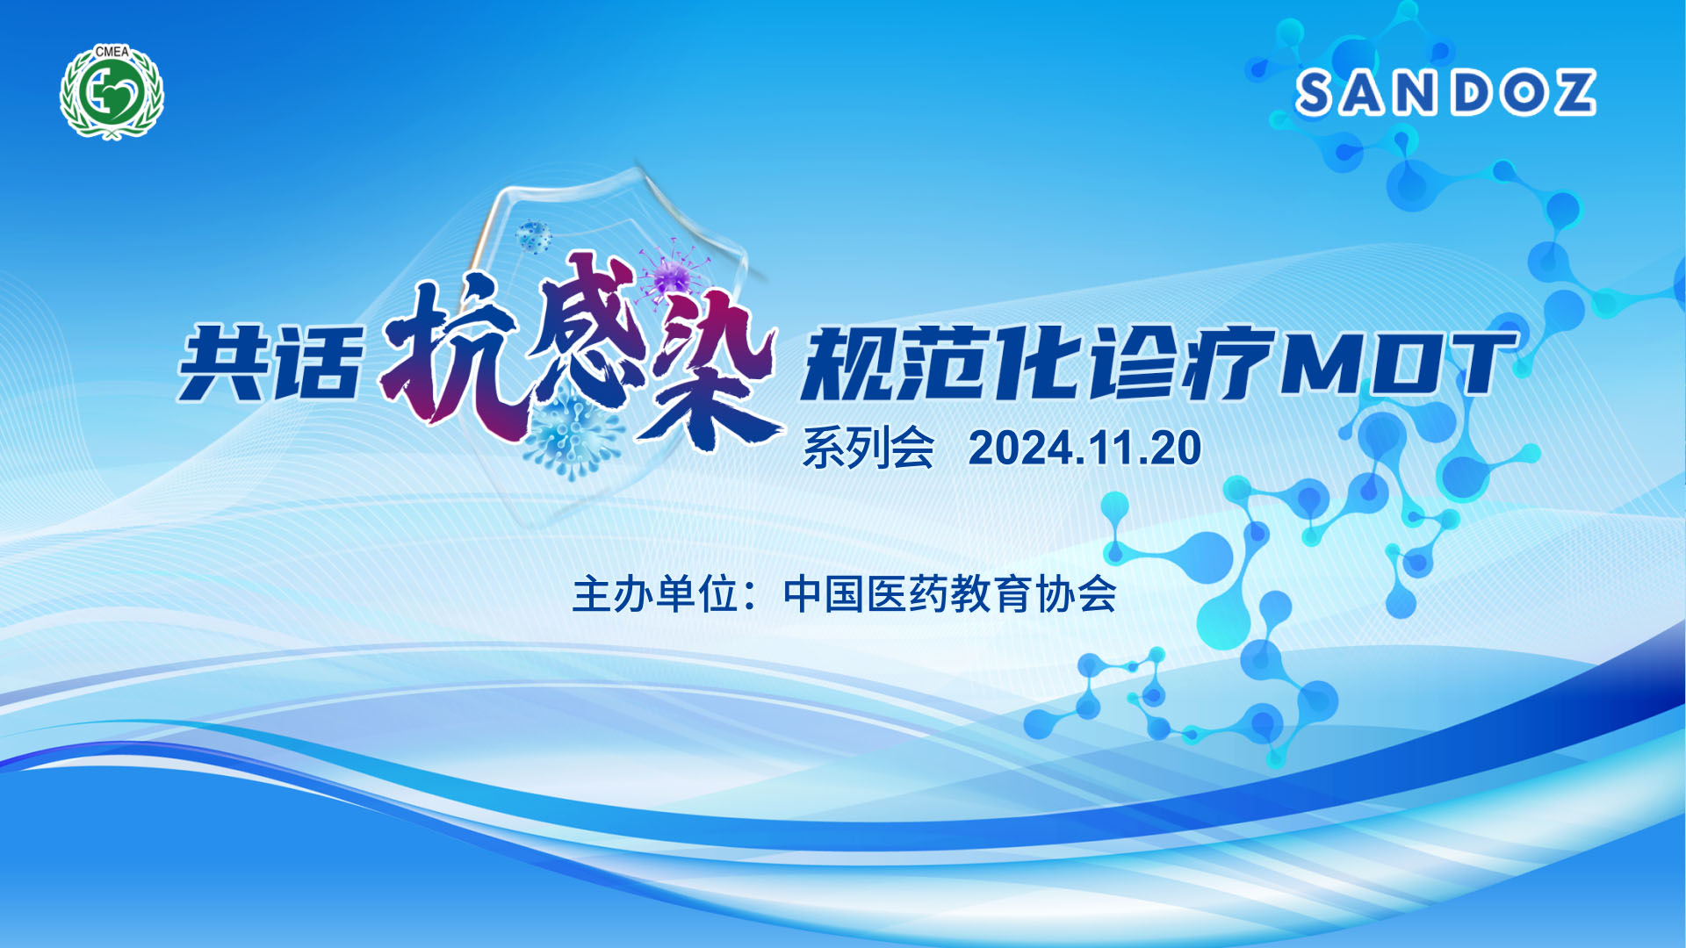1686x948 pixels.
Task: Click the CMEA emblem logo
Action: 112,91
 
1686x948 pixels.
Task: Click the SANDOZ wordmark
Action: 1445,93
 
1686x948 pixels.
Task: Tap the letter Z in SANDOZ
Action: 1569,93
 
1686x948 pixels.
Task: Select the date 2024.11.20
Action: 1084,448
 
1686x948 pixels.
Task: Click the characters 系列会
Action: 868,448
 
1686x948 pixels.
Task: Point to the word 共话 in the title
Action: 270,363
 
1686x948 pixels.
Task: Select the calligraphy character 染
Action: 711,369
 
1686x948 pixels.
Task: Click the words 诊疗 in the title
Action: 1180,363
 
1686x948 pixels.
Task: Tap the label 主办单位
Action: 655,594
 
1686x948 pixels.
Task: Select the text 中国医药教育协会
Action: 949,594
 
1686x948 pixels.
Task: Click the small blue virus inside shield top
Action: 532,237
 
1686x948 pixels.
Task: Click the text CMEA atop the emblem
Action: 112,52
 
